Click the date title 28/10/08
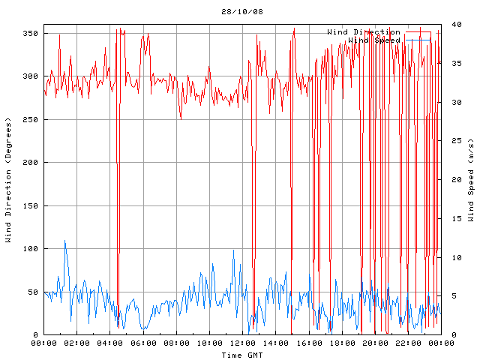click(241, 12)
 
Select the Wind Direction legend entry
click(363, 32)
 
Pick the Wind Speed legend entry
click(373, 40)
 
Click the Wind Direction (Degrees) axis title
click(8, 180)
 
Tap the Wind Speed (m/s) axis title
click(471, 180)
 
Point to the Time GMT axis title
click(241, 354)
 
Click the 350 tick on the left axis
click(31, 33)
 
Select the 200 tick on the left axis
click(31, 163)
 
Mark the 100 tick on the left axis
click(31, 249)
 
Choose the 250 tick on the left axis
click(31, 119)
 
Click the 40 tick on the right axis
click(455, 25)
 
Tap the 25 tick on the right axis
click(455, 141)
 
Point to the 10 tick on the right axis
click(455, 257)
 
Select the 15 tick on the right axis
click(455, 218)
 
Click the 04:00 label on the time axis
click(111, 343)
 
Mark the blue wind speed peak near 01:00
click(64, 241)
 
